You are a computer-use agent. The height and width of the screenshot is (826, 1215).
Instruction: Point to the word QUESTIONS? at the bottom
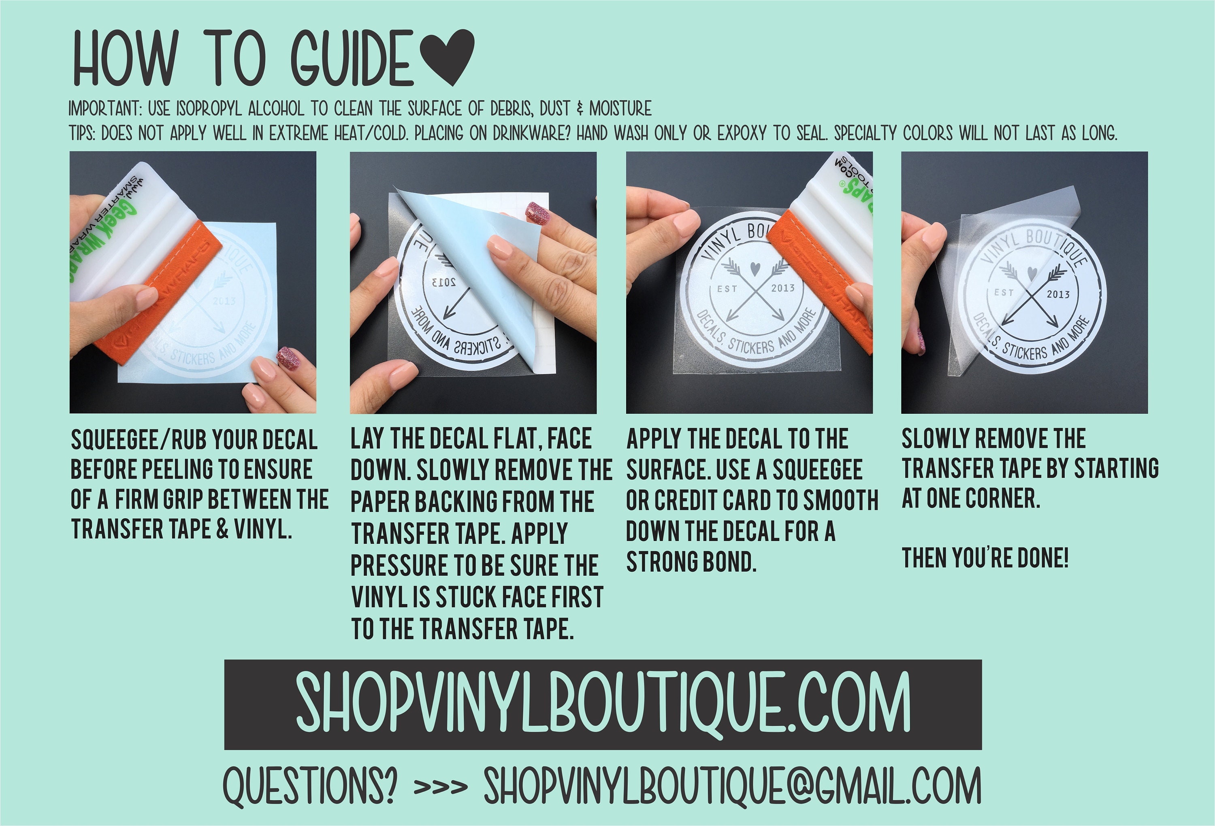309,787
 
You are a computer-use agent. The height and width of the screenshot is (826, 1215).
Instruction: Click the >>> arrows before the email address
440,787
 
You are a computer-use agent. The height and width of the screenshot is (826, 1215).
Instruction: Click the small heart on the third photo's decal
755,268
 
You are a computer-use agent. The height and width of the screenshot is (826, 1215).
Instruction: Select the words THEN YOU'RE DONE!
985,558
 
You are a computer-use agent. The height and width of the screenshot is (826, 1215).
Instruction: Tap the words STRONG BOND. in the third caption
691,562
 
